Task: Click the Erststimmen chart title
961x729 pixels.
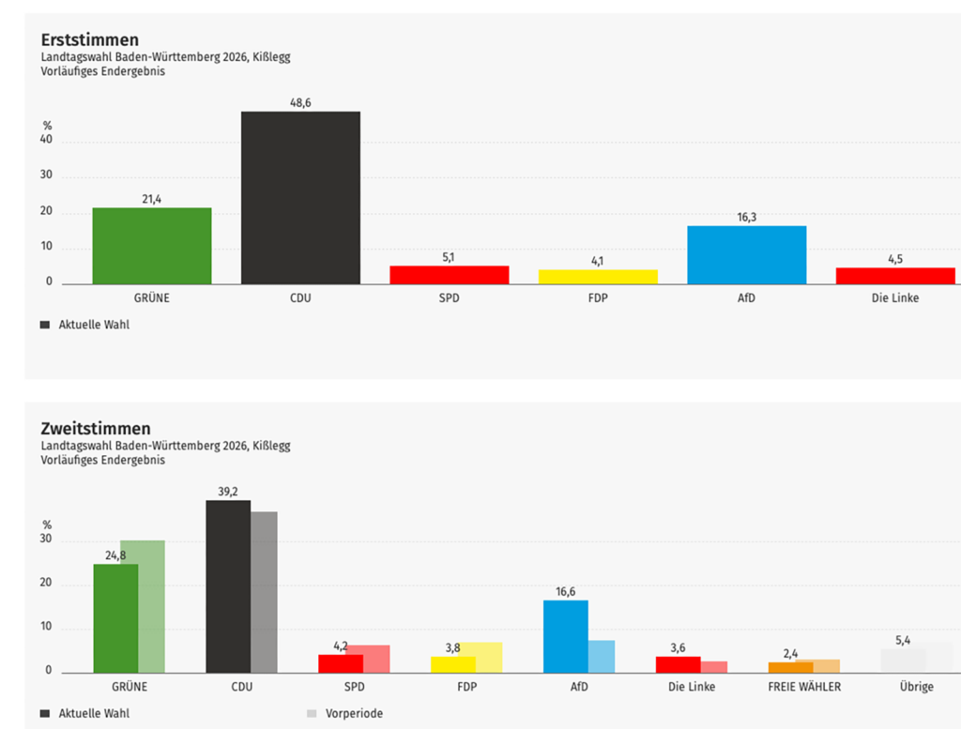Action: coord(90,39)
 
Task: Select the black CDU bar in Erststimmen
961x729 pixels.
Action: coord(300,197)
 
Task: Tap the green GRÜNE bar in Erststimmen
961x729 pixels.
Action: coord(151,246)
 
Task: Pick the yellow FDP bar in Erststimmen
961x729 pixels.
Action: coord(598,277)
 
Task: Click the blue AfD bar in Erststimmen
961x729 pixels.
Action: coord(746,255)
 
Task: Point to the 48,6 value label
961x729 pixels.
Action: coord(300,102)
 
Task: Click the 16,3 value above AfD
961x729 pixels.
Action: coord(746,217)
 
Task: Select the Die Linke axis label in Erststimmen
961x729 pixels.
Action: coord(894,298)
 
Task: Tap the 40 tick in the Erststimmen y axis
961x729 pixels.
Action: coord(46,141)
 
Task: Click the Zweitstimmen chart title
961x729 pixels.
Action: coord(96,429)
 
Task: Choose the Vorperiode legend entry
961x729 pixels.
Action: coord(354,713)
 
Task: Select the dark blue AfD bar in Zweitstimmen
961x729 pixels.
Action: coord(566,636)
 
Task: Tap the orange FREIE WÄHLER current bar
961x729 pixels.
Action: coord(790,667)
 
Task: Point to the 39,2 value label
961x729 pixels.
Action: coord(228,491)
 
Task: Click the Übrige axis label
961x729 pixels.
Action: coord(916,687)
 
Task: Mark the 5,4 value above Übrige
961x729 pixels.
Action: coord(903,641)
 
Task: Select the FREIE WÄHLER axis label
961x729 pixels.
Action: coord(804,687)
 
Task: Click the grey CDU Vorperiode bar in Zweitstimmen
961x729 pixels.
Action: coord(264,591)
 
